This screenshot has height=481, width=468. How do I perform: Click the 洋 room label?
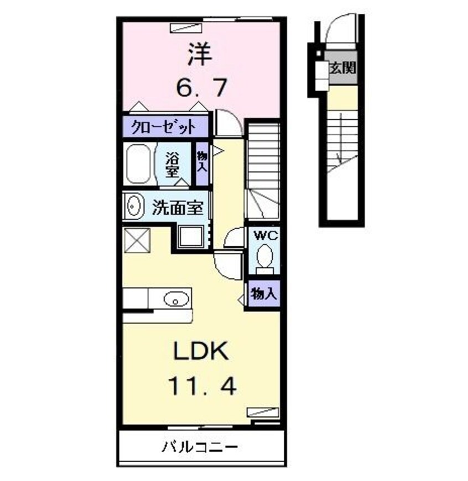click(200, 55)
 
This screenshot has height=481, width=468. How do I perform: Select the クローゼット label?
click(164, 128)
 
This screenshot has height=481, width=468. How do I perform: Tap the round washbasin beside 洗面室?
click(134, 207)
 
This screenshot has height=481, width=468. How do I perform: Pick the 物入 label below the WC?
click(263, 294)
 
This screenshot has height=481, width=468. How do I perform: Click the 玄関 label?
click(342, 69)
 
